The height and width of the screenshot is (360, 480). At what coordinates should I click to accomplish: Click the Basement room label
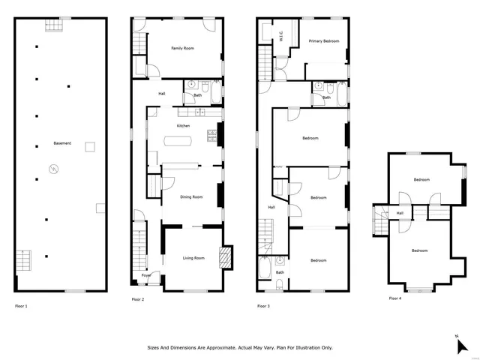(x=62, y=143)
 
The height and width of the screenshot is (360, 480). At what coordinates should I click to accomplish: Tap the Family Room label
(x=182, y=48)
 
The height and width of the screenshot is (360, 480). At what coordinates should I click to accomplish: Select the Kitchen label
(x=184, y=126)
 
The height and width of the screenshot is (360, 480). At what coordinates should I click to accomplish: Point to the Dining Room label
(x=192, y=197)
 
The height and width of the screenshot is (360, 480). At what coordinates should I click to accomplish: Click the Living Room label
(x=193, y=258)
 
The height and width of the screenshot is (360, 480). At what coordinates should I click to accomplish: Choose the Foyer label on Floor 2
(x=146, y=276)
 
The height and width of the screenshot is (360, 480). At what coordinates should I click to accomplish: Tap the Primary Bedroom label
(x=324, y=41)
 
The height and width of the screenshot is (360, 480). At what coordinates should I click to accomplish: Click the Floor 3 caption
(x=263, y=306)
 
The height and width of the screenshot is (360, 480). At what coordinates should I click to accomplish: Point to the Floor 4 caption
(x=394, y=298)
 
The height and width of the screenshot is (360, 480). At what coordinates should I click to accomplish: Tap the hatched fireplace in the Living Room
(x=222, y=258)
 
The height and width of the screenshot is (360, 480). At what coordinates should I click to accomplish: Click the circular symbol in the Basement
(x=53, y=169)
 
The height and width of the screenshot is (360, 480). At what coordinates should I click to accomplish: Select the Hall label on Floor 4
(x=400, y=213)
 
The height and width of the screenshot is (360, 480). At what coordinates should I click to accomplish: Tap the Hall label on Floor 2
(x=162, y=94)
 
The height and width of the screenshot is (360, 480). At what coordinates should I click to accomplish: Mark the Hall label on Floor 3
(x=271, y=208)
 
